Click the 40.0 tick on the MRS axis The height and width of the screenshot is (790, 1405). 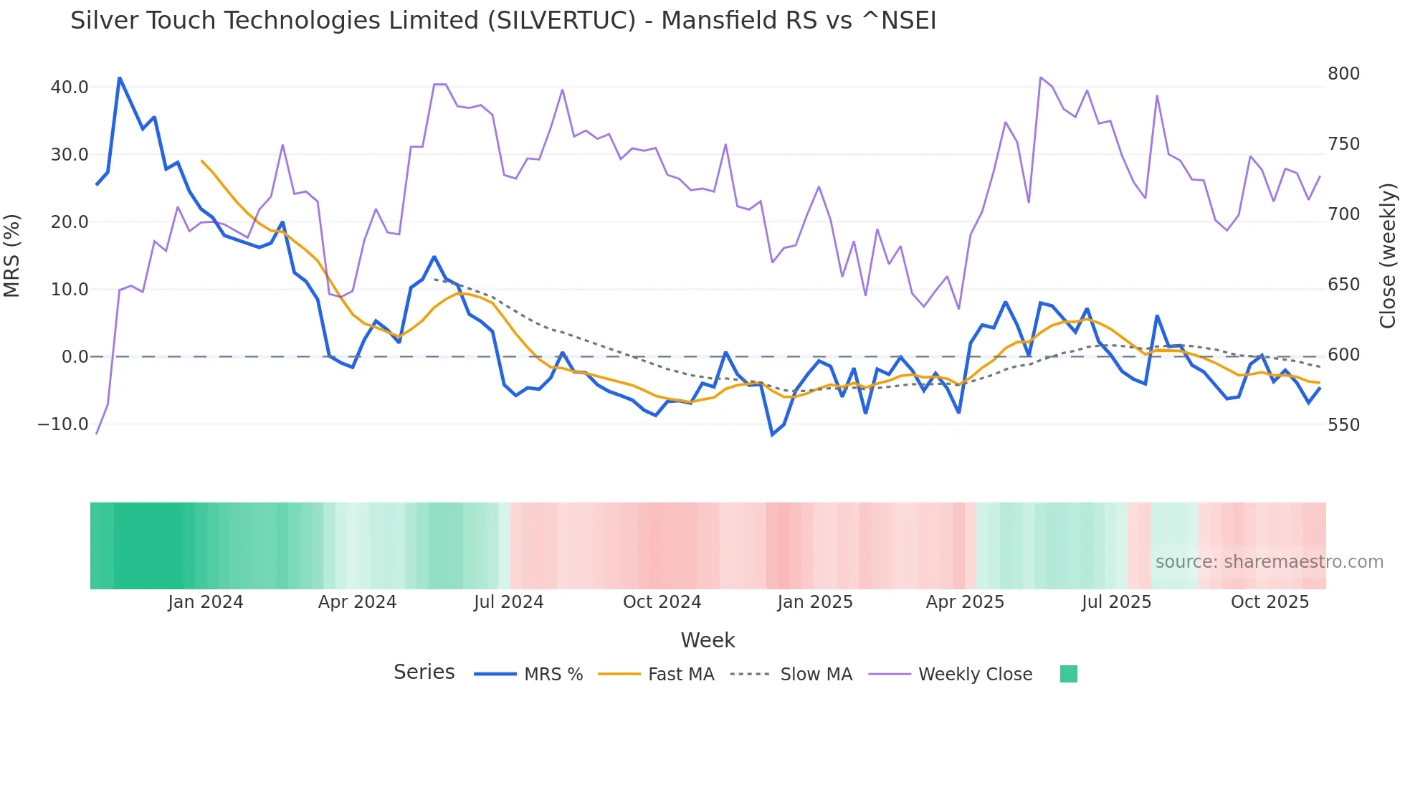(69, 87)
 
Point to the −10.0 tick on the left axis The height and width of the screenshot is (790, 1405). (63, 424)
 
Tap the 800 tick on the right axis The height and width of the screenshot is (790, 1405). (1343, 74)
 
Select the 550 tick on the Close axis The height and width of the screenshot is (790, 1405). (1343, 425)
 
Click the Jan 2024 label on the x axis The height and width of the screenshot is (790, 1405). (205, 602)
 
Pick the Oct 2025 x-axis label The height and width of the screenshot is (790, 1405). (1270, 602)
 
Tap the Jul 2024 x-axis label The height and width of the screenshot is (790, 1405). (508, 602)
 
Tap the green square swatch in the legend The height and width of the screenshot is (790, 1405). (1068, 674)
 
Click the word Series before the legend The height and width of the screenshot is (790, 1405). (424, 672)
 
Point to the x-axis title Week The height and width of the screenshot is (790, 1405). (708, 640)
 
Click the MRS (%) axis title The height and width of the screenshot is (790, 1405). (12, 256)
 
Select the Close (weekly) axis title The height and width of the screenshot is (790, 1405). (1389, 256)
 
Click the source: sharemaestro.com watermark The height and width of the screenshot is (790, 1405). (1269, 562)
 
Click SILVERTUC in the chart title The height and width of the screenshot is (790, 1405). (561, 21)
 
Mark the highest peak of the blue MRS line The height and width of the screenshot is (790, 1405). (120, 77)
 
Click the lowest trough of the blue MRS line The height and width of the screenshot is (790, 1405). (773, 434)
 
